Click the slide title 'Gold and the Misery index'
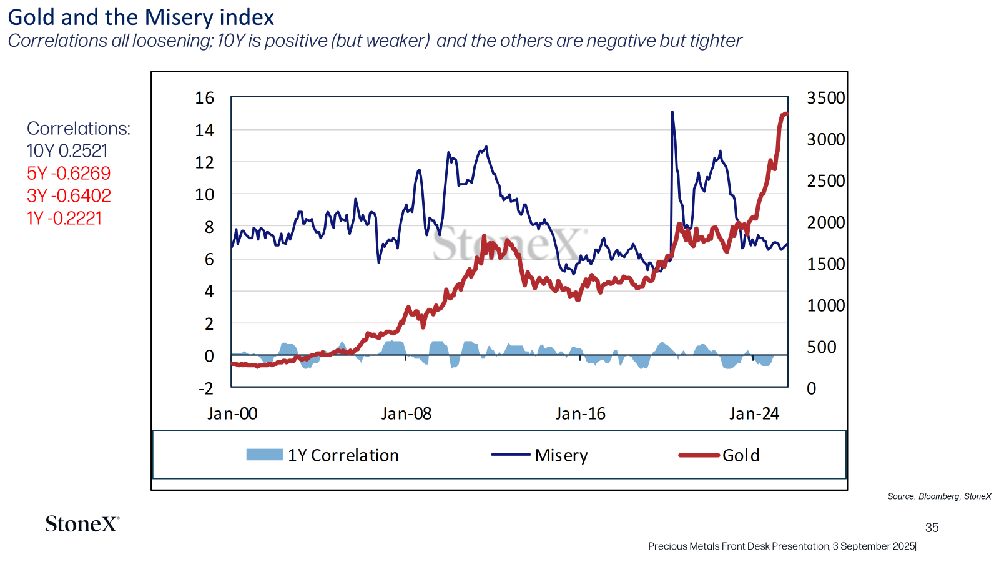click(140, 17)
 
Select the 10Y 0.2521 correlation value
click(67, 151)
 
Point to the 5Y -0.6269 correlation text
click(69, 174)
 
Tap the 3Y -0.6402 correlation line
click(69, 196)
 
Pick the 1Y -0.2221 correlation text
click(64, 219)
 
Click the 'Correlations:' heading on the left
click(79, 129)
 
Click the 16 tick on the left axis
click(204, 98)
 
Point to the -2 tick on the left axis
click(205, 388)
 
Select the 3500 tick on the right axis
click(825, 98)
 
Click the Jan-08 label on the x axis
click(406, 414)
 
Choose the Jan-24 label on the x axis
click(754, 414)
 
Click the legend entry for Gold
click(741, 455)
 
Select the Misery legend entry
click(561, 455)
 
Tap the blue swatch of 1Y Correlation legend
click(264, 455)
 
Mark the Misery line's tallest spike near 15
click(672, 112)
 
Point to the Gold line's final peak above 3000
click(785, 114)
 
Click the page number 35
click(932, 528)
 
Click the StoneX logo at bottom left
click(82, 524)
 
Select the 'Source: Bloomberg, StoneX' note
click(939, 496)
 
